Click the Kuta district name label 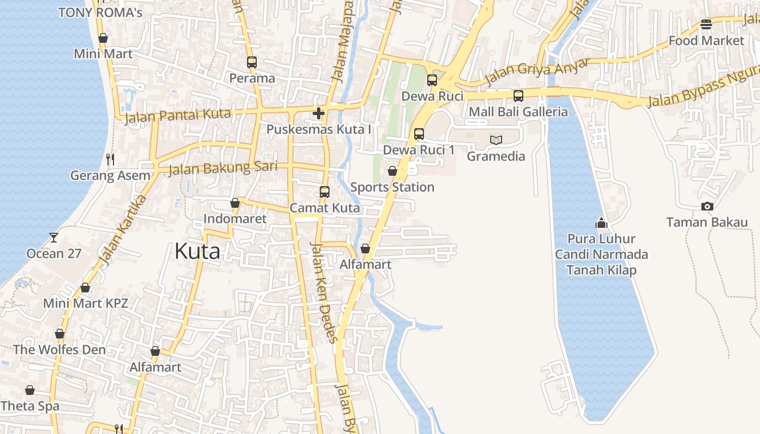click(x=197, y=251)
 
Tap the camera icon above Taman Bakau click(x=707, y=206)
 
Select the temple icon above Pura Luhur click(x=601, y=223)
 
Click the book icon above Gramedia click(x=496, y=140)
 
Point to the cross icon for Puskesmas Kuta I click(x=319, y=113)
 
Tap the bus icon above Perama click(x=251, y=62)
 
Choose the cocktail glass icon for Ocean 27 click(x=53, y=237)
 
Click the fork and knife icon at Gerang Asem click(x=110, y=159)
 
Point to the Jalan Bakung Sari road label click(x=223, y=168)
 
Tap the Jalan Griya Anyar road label click(x=536, y=72)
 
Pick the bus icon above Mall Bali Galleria click(x=518, y=96)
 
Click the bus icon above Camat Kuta click(x=324, y=192)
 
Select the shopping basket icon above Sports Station click(x=392, y=171)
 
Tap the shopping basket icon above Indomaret click(x=235, y=203)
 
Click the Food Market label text click(x=706, y=41)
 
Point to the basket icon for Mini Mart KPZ click(x=85, y=288)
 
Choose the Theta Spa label click(x=30, y=406)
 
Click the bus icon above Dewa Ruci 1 click(x=419, y=133)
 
